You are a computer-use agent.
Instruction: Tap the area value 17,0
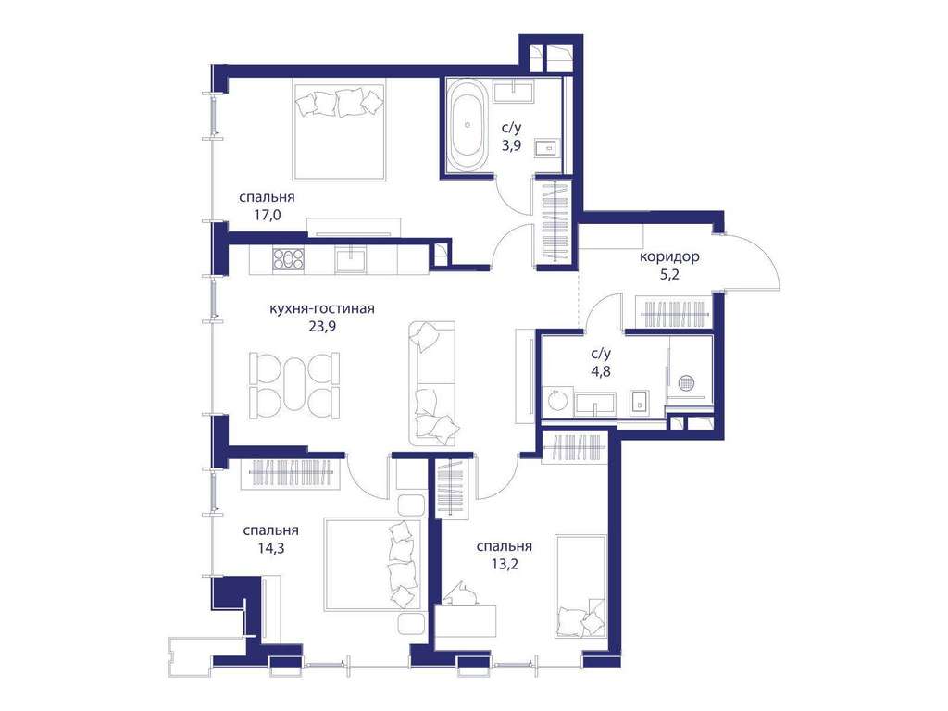(267, 214)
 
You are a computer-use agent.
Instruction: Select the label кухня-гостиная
(321, 308)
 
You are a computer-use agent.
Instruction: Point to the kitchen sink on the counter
(351, 260)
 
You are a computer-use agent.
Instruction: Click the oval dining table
(295, 385)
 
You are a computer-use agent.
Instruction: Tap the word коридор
(670, 256)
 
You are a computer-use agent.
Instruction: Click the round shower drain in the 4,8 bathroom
(686, 382)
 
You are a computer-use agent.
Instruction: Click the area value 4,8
(600, 371)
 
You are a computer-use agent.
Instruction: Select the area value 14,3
(270, 548)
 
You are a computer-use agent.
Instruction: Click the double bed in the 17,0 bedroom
(339, 129)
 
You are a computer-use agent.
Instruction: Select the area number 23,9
(321, 327)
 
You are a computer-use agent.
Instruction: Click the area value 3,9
(511, 145)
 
